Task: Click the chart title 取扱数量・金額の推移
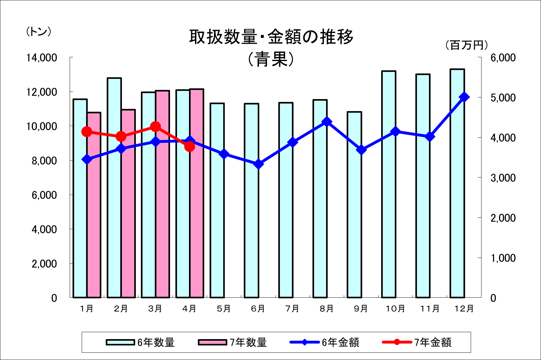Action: point(271,37)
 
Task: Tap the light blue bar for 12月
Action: point(457,183)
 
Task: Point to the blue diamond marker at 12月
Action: point(464,97)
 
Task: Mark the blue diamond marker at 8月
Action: point(327,122)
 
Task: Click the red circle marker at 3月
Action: point(155,127)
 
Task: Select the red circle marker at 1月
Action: point(87,132)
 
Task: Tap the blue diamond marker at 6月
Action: point(259,164)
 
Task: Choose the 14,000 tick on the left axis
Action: point(41,58)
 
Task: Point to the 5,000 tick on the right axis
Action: point(503,98)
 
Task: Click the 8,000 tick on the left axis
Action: point(44,161)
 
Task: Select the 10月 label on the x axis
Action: point(395,309)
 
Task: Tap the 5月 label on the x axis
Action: point(224,309)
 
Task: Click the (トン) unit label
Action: point(38,32)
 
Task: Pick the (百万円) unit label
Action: point(467,45)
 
